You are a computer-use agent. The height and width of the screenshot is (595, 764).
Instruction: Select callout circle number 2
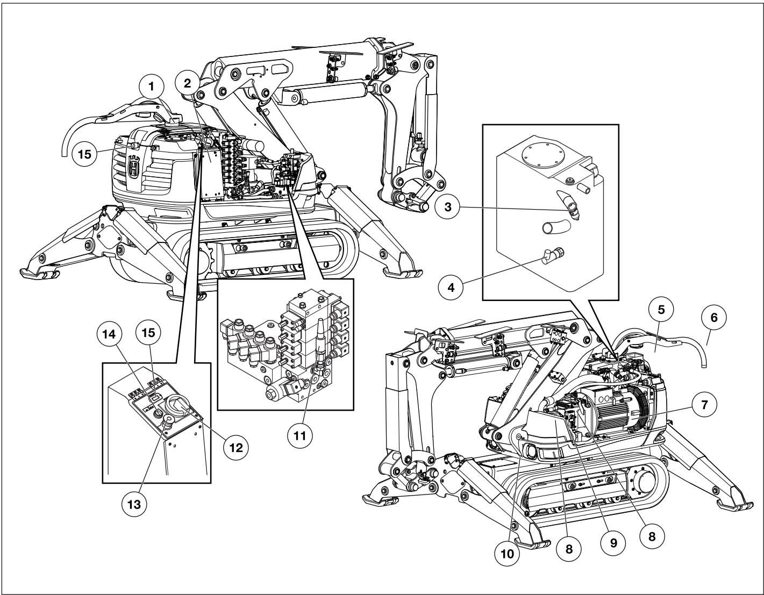(x=187, y=83)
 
